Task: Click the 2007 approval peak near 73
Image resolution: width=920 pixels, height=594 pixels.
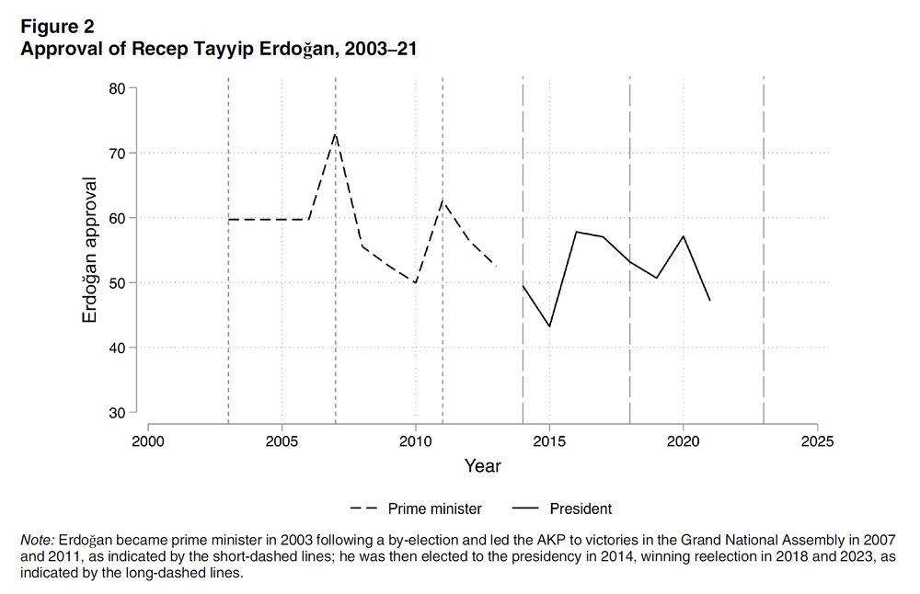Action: coord(335,134)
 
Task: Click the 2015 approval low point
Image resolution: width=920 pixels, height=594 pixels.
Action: coord(549,326)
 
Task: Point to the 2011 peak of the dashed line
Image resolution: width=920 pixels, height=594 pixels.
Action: coord(443,200)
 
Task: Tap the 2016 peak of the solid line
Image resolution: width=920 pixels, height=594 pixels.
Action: coord(576,232)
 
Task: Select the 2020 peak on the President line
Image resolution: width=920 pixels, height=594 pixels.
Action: coord(683,236)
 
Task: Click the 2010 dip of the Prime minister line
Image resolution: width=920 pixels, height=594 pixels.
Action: coord(416,282)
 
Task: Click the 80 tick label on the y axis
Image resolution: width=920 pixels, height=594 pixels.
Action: coord(118,88)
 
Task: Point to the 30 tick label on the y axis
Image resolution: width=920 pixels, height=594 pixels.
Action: coord(118,413)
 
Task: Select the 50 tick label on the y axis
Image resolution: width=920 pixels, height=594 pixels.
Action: coord(118,282)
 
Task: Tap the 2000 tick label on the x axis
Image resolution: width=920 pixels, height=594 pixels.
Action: coord(148,441)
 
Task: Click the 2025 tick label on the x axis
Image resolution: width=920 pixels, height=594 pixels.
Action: coord(816,441)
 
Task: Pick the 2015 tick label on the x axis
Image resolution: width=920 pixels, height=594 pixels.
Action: coord(549,441)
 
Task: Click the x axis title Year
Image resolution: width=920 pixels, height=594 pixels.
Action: coord(482,466)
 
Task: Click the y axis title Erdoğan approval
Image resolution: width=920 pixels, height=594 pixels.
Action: coord(90,250)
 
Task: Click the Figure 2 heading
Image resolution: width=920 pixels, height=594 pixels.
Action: coord(57,27)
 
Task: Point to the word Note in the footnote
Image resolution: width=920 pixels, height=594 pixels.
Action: coord(37,540)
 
